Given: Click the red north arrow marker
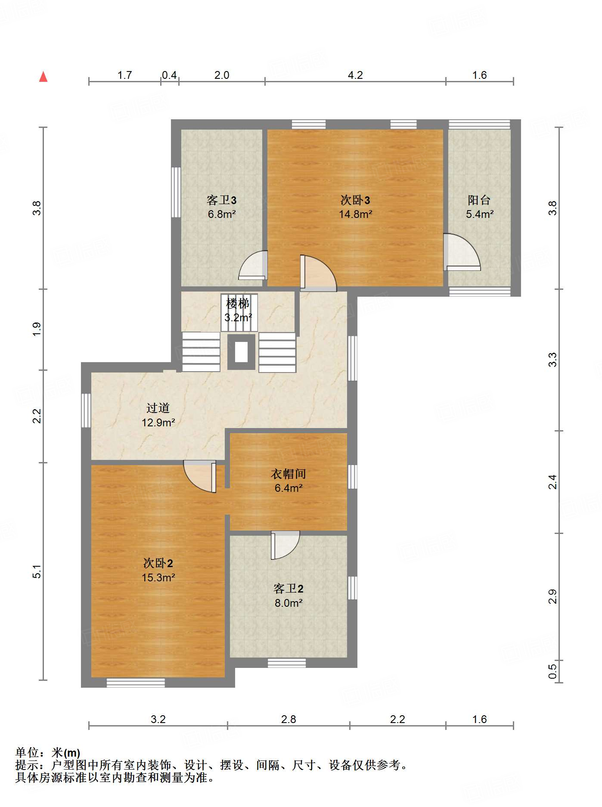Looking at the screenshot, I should [43, 77].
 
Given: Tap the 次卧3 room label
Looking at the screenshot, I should [355, 200].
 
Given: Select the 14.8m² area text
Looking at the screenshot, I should [355, 214].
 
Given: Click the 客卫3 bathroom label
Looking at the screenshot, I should [221, 200].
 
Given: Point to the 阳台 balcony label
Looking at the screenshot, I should [479, 200].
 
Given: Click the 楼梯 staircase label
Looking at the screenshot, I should [238, 304].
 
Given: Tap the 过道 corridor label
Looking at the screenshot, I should [158, 408].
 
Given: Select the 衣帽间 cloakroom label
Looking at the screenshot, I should [288, 474].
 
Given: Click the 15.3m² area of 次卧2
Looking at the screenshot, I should [158, 577].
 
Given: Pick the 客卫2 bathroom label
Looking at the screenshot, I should [288, 588].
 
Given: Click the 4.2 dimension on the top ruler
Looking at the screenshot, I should [355, 75].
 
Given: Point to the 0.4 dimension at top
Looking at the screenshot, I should [169, 75].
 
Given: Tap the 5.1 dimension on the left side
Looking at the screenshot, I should [37, 571].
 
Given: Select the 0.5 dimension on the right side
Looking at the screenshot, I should [552, 671].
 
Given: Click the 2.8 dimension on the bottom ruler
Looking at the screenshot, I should [288, 719].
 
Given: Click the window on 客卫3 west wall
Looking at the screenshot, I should [176, 192].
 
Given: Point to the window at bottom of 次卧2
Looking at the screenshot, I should [136, 683].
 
